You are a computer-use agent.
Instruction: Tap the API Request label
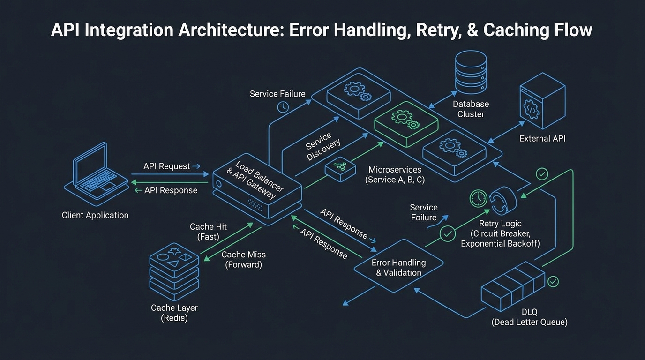click(167, 166)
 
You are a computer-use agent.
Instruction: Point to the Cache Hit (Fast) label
click(208, 232)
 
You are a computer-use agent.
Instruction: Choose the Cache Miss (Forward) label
click(243, 260)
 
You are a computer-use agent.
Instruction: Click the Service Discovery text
click(323, 147)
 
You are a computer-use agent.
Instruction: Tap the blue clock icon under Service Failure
click(283, 107)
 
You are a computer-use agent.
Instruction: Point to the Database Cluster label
click(471, 109)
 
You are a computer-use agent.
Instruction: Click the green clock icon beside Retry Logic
click(478, 198)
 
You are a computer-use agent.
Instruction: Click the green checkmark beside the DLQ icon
click(553, 281)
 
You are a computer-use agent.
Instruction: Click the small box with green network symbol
click(340, 169)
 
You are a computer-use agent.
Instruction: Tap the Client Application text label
click(95, 215)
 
